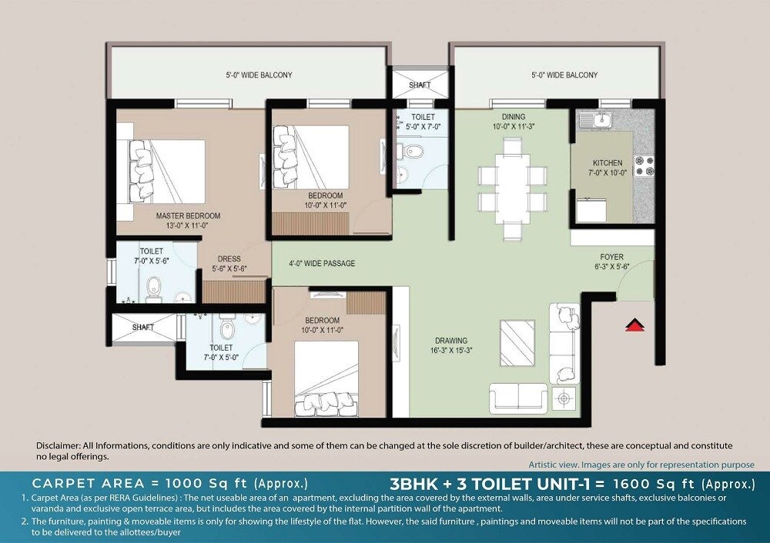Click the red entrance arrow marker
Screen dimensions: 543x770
pos(634,325)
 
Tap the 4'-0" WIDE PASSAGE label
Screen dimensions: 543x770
pos(322,264)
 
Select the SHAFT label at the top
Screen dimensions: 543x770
pos(420,85)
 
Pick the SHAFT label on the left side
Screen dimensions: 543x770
pos(143,327)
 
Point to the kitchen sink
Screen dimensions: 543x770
pos(597,120)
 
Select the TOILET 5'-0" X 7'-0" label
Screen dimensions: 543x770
pos(423,122)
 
